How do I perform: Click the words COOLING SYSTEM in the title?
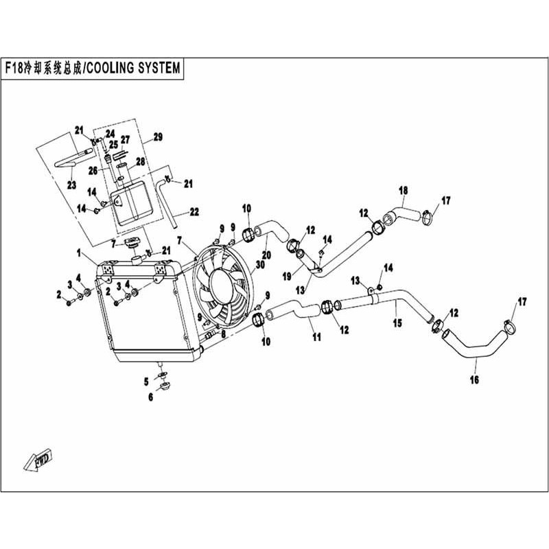pyautogui.click(x=133, y=68)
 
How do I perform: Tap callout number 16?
pyautogui.click(x=474, y=379)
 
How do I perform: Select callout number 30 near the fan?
pyautogui.click(x=260, y=265)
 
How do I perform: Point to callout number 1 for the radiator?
pyautogui.click(x=79, y=253)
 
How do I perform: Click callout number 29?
pyautogui.click(x=159, y=137)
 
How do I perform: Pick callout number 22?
pyautogui.click(x=194, y=211)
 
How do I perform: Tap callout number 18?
pyautogui.click(x=404, y=191)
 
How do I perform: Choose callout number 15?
pyautogui.click(x=397, y=323)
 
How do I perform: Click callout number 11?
pyautogui.click(x=317, y=337)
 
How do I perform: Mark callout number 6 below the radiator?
pyautogui.click(x=150, y=397)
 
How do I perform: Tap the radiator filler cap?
pyautogui.click(x=132, y=243)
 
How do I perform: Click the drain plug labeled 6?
pyautogui.click(x=163, y=387)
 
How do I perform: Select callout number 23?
pyautogui.click(x=72, y=185)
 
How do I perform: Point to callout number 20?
pyautogui.click(x=266, y=255)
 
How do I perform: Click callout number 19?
pyautogui.click(x=287, y=277)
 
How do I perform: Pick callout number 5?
pyautogui.click(x=146, y=382)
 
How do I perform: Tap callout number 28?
pyautogui.click(x=141, y=161)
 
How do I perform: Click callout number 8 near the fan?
pyautogui.click(x=223, y=334)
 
